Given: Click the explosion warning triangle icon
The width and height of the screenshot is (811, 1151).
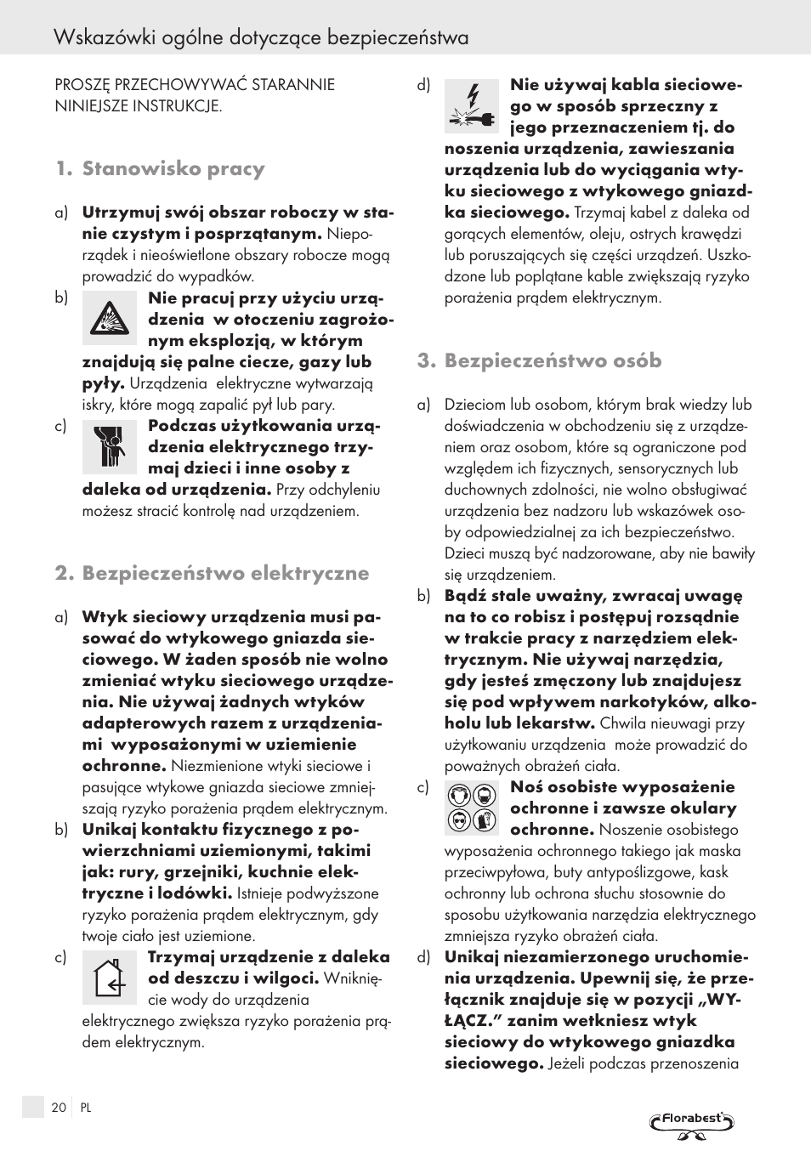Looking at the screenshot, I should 110,318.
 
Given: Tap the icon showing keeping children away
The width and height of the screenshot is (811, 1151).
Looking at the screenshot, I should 110,447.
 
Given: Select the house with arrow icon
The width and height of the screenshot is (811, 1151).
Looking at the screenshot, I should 110,977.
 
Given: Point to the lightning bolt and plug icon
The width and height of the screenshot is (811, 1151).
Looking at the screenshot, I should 472,106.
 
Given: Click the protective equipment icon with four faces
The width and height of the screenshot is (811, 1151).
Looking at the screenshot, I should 472,808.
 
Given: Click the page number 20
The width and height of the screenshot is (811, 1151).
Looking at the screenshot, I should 59,1108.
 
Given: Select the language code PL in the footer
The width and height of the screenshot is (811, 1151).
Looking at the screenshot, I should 86,1108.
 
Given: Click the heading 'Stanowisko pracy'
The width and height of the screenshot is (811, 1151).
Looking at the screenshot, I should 173,168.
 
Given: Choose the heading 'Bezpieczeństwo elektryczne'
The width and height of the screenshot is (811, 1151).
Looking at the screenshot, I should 225,573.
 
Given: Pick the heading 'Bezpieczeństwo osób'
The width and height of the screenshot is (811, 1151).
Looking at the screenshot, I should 553,360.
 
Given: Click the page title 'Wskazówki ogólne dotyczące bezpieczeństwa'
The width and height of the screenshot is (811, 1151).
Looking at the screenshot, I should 260,37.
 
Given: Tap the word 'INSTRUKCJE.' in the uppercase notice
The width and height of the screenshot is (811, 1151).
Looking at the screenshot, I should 179,106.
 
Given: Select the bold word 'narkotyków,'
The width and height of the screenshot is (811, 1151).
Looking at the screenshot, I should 654,702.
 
